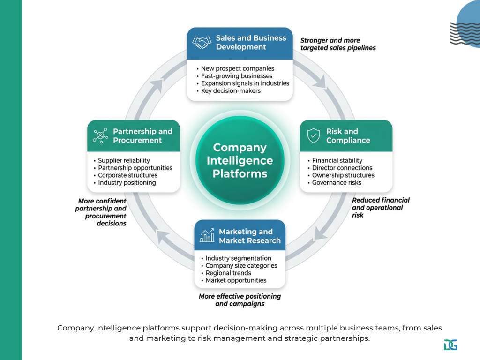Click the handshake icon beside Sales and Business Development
(x=201, y=43)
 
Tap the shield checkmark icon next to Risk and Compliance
(x=313, y=136)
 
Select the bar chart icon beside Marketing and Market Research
(x=207, y=236)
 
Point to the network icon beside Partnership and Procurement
(x=100, y=136)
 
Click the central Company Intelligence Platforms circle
(x=240, y=160)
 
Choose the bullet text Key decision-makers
(x=231, y=91)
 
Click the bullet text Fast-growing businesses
(x=237, y=76)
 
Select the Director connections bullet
(x=342, y=168)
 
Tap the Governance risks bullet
(x=337, y=183)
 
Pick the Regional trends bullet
(x=228, y=273)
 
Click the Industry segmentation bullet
(x=238, y=258)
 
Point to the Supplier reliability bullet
(x=124, y=160)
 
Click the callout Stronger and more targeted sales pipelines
(x=337, y=44)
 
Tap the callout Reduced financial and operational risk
(x=380, y=207)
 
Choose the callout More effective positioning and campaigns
(x=240, y=300)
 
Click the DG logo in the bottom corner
(x=450, y=345)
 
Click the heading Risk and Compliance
(x=348, y=136)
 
